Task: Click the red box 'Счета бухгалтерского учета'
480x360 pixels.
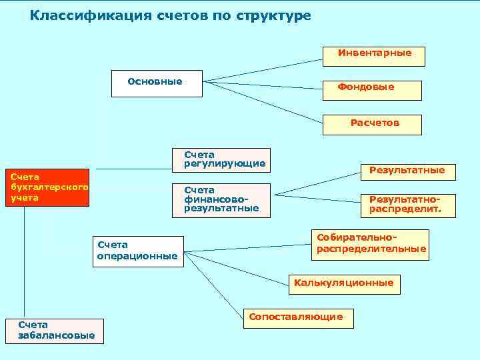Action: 47,187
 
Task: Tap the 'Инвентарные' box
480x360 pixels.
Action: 374,56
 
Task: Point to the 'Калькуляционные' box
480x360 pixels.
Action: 344,283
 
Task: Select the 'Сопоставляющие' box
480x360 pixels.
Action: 298,318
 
